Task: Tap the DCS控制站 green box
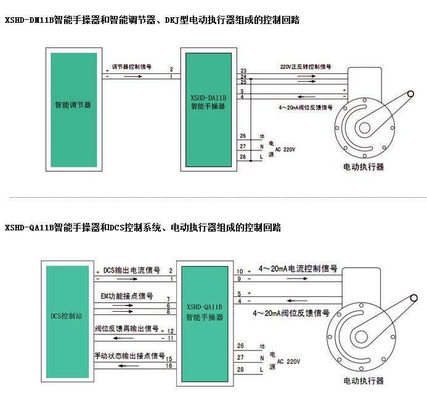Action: (x=67, y=315)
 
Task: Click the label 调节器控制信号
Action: (x=132, y=66)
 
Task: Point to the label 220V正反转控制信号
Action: (x=306, y=66)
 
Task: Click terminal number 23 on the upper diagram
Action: (x=243, y=71)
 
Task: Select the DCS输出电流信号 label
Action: (x=132, y=270)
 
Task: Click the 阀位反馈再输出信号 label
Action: (x=126, y=329)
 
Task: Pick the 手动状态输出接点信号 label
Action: (x=129, y=355)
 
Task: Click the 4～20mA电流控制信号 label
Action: (x=298, y=269)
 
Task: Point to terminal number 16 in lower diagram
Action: (x=169, y=366)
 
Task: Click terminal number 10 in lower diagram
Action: (x=240, y=270)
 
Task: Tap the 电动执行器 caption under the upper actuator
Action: (x=364, y=166)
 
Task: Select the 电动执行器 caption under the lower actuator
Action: (x=363, y=381)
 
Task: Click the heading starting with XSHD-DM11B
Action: (x=152, y=20)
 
